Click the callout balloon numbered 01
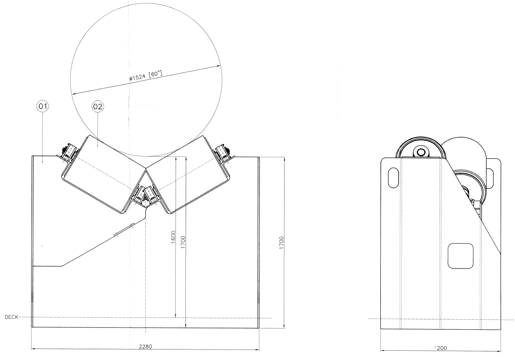[x=43, y=107]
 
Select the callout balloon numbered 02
[x=97, y=107]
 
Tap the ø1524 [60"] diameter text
[x=145, y=75]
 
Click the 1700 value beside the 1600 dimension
[x=183, y=242]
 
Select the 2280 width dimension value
[x=145, y=346]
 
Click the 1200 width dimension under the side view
[x=441, y=348]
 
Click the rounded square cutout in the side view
[x=460, y=256]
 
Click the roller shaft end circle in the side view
[x=421, y=152]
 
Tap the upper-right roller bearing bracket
[x=224, y=153]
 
